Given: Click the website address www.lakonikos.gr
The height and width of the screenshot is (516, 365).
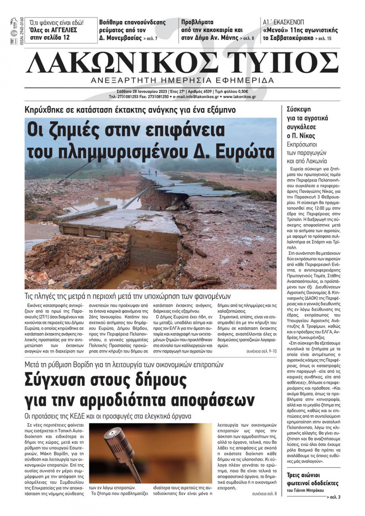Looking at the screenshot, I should pos(239,97).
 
